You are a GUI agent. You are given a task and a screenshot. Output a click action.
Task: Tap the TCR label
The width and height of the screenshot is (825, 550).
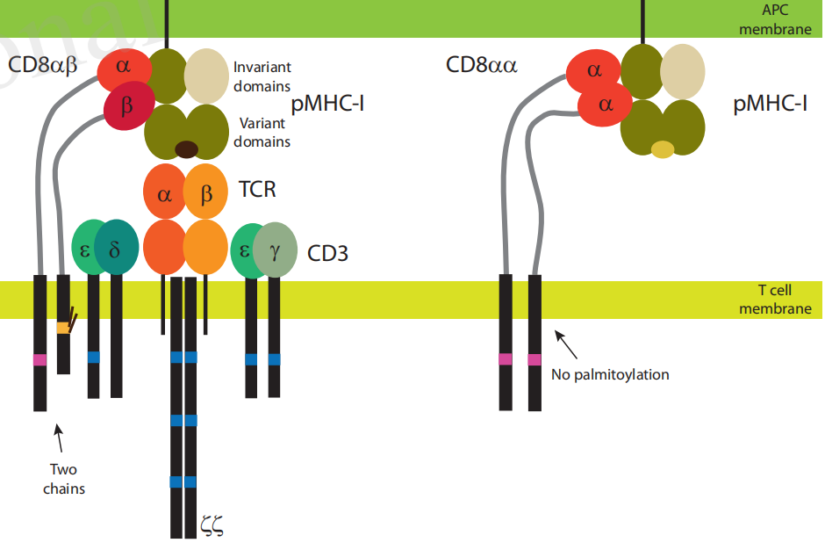tap(257, 189)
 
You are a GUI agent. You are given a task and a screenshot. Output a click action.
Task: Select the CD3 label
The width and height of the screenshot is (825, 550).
tap(327, 254)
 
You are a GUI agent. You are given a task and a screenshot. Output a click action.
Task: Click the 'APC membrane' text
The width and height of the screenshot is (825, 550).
tap(775, 19)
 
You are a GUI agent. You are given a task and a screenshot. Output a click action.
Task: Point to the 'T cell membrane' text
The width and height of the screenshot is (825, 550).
tap(775, 299)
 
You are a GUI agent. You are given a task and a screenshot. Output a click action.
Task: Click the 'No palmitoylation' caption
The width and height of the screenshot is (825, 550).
tap(610, 374)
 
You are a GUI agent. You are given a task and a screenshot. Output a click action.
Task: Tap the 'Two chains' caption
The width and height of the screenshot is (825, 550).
tap(64, 479)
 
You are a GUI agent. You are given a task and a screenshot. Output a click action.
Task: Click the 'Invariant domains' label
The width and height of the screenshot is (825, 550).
tap(262, 76)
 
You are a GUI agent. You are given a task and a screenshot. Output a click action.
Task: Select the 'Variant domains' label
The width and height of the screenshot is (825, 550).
tap(262, 132)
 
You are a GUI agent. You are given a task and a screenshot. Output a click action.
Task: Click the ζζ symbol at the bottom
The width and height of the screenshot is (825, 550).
tap(212, 526)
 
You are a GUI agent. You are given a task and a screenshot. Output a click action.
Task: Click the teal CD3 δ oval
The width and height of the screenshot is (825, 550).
tap(115, 249)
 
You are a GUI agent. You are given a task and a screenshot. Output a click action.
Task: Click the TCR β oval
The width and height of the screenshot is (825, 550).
tap(206, 191)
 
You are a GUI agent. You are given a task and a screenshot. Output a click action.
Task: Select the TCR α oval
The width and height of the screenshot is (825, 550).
tap(164, 191)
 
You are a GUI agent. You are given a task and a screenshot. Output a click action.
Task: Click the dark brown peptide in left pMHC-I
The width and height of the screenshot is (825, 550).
tap(186, 148)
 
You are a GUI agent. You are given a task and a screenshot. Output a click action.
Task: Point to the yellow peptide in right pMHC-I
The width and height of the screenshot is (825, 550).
tap(663, 149)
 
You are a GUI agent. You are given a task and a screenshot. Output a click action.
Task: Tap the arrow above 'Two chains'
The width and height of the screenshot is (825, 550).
tap(59, 438)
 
